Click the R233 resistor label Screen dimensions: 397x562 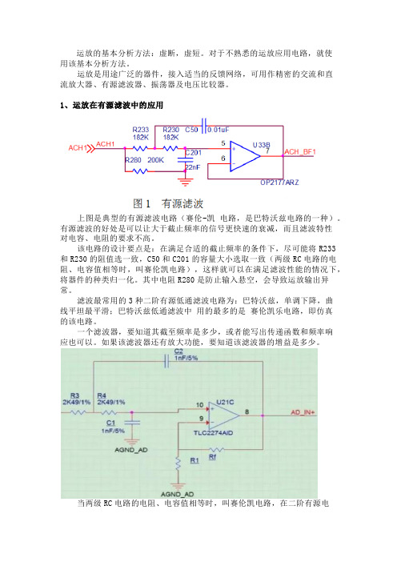tap(140, 130)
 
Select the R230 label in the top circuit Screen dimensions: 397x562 tap(171, 130)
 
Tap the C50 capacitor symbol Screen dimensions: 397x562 tap(204, 126)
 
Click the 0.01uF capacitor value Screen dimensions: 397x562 tap(219, 130)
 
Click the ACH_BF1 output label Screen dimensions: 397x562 tap(300, 152)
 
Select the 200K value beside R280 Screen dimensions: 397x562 tap(155, 160)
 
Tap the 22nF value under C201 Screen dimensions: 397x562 tap(192, 167)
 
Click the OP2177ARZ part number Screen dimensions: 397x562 tap(279, 183)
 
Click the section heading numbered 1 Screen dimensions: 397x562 tap(111, 106)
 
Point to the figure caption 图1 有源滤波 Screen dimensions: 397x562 tap(168, 203)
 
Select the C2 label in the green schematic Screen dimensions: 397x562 tap(178, 351)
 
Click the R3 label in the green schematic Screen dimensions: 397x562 tap(74, 395)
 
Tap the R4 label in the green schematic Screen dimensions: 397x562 tap(102, 395)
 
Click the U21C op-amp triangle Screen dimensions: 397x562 tap(224, 415)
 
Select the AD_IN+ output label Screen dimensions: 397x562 tap(303, 412)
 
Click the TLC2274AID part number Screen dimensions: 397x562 tap(213, 433)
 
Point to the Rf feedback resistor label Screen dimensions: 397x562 tap(212, 457)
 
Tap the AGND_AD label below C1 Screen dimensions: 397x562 tap(131, 450)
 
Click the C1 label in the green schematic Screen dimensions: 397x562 tap(110, 423)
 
